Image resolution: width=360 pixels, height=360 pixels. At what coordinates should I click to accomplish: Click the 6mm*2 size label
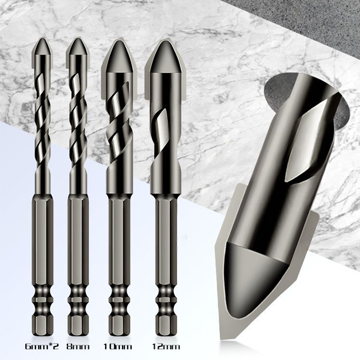[x=42, y=346]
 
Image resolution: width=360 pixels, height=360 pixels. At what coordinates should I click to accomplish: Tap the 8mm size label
[x=78, y=346]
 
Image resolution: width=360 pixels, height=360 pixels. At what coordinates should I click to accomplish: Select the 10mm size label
[x=118, y=346]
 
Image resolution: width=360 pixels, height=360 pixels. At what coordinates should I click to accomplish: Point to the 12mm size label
[x=166, y=346]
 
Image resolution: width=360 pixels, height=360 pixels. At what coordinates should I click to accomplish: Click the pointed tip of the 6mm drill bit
[x=43, y=38]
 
